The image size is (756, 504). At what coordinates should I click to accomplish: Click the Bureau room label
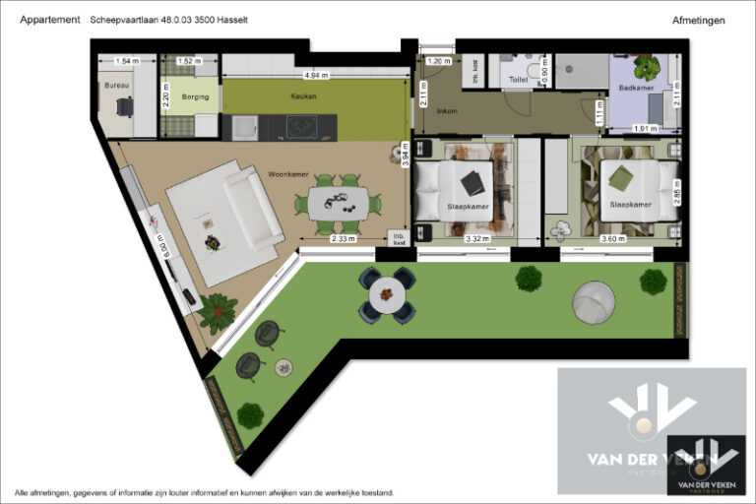[x=115, y=85]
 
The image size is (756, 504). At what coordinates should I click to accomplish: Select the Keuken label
[x=303, y=96]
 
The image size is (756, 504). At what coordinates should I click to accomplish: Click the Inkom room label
[x=446, y=110]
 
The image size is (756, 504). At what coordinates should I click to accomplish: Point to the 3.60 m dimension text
[x=612, y=239]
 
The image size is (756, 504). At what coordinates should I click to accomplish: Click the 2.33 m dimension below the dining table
[x=343, y=239]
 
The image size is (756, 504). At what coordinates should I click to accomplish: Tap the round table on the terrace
[x=388, y=295]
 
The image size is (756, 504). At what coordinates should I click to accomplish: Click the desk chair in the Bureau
[x=123, y=107]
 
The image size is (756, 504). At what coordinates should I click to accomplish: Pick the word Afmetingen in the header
[x=699, y=20]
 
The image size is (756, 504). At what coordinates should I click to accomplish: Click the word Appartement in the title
[x=50, y=20]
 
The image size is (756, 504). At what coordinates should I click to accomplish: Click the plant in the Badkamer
[x=647, y=67]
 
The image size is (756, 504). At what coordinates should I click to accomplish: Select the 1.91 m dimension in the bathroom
[x=645, y=129]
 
